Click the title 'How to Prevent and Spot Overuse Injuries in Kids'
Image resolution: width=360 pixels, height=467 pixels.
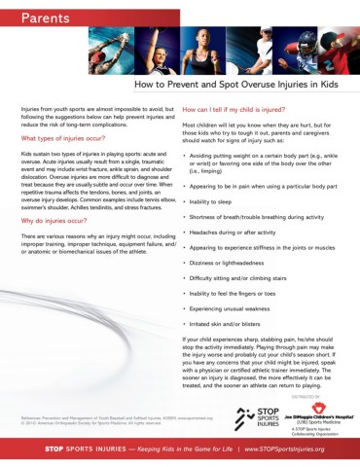[238, 86]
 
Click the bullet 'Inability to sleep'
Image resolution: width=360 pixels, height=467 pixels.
[217, 200]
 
